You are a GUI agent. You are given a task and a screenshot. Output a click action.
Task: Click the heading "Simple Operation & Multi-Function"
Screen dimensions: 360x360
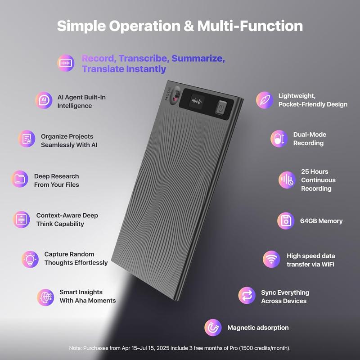click(x=180, y=26)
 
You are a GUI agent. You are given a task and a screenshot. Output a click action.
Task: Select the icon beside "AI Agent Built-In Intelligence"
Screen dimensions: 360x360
click(x=44, y=100)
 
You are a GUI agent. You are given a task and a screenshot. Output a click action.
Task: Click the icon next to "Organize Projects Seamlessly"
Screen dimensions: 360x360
click(x=27, y=139)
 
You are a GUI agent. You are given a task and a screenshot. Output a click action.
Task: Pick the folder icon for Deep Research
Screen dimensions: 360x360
click(x=19, y=180)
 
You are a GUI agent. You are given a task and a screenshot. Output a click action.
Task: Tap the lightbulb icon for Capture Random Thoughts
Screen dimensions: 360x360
click(x=30, y=258)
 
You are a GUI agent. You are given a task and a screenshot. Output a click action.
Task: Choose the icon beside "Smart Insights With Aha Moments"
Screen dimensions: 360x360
click(x=45, y=297)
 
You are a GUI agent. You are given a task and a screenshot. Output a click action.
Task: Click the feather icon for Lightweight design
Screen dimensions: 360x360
click(x=264, y=99)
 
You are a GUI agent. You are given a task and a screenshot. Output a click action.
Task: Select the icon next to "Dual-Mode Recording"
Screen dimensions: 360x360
click(x=279, y=139)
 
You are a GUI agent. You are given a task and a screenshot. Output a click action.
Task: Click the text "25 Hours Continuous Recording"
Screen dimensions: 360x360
click(x=318, y=180)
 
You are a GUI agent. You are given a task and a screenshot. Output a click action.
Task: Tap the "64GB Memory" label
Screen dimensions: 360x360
click(x=321, y=221)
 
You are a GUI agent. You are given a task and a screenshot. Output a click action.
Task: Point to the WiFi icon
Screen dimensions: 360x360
click(x=271, y=260)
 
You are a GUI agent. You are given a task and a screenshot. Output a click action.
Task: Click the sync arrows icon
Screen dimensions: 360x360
click(x=247, y=296)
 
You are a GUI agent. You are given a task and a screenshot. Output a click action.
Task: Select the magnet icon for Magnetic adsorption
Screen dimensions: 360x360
click(x=213, y=328)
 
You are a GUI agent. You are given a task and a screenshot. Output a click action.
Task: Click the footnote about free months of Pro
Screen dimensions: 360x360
click(x=180, y=348)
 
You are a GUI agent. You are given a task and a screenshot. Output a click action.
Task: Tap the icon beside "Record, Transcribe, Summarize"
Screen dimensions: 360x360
click(x=66, y=63)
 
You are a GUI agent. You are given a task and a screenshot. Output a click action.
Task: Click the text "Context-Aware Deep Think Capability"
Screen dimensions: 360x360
click(x=67, y=220)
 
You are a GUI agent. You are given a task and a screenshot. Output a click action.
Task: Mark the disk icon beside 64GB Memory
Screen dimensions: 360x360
click(x=285, y=221)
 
